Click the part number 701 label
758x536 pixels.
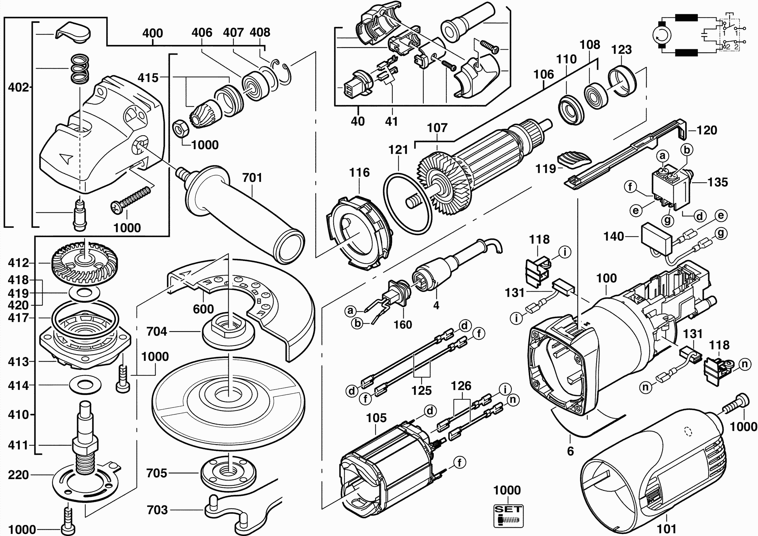252,178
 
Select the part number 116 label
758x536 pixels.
359,172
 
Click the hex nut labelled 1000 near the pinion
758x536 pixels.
181,129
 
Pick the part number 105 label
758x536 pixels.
376,418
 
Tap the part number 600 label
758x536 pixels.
203,309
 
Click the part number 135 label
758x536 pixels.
718,182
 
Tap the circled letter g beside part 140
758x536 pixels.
721,233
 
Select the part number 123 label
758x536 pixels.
621,50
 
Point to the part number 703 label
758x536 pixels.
157,510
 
